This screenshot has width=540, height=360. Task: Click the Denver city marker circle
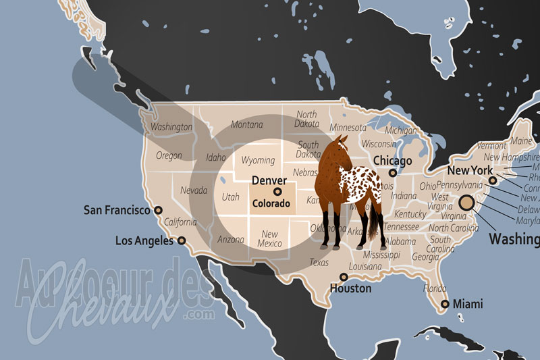pos(277,192)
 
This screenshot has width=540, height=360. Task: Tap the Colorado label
pos(271,203)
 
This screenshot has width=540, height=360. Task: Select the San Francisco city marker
pos(159,210)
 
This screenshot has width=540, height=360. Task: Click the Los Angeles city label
pos(146,240)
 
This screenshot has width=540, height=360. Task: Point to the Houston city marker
pos(344,277)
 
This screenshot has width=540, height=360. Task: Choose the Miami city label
pos(468,305)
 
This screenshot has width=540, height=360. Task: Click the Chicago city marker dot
pos(392,173)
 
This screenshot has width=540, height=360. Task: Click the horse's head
pos(340,145)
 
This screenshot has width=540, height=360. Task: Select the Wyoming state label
pos(258,161)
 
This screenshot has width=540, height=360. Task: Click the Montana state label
pos(246,125)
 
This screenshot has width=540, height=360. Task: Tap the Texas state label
pos(319,262)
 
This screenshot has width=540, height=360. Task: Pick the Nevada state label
pos(194,190)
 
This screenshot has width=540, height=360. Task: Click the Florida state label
pos(435,288)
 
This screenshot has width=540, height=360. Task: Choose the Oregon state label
pos(169,155)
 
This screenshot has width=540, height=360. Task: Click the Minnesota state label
pos(348,128)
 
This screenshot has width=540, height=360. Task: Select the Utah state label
pos(230,197)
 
